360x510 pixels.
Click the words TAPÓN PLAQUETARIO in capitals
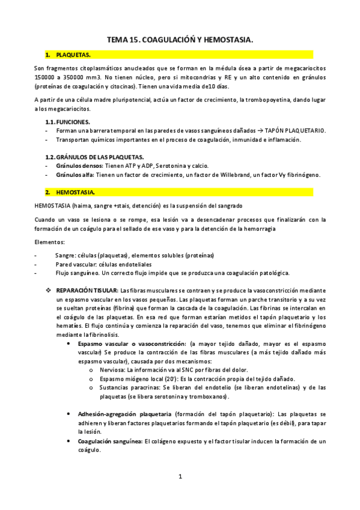point(296,131)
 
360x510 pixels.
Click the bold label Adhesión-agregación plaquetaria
point(124,414)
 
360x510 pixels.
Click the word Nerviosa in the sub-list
point(114,370)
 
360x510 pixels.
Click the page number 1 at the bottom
point(180,478)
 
